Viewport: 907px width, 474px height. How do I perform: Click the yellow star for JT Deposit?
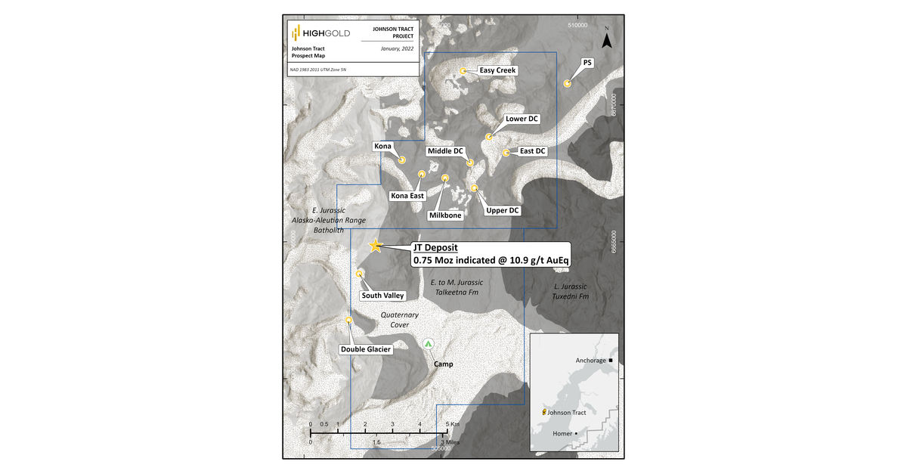[x=375, y=246]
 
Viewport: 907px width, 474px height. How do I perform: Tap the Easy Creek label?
[x=497, y=70]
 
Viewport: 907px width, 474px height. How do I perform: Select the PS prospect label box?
[x=587, y=63]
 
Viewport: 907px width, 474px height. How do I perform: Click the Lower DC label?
[x=522, y=119]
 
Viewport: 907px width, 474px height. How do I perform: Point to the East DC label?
[x=532, y=151]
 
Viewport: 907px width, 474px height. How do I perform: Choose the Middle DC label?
[x=445, y=151]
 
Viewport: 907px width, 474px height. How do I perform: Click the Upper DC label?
[x=506, y=210]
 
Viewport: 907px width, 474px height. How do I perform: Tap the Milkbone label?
[x=445, y=215]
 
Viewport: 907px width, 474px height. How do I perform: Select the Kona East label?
[x=407, y=196]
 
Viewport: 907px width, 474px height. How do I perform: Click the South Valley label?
[x=382, y=296]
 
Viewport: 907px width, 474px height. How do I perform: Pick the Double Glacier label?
[x=365, y=349]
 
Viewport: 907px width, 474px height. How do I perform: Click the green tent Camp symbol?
[x=429, y=344]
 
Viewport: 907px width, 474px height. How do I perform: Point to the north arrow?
[x=606, y=38]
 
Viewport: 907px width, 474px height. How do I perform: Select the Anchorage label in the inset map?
[x=591, y=361]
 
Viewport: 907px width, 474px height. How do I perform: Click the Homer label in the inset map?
[x=562, y=433]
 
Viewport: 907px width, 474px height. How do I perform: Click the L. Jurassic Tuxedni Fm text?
[x=571, y=292]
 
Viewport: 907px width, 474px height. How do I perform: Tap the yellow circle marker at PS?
[x=567, y=84]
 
